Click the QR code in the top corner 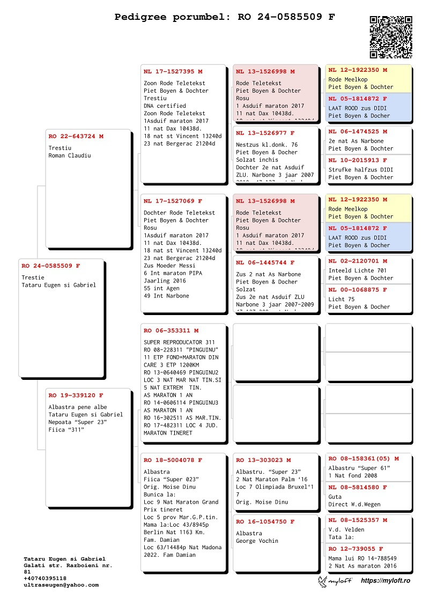tap(390, 37)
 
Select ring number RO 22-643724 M tap(76, 137)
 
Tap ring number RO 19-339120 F tap(76, 395)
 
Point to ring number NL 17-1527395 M tap(173, 71)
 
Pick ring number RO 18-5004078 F tap(173, 460)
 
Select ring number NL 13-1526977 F tap(265, 133)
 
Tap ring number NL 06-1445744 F tap(265, 263)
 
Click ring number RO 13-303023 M tap(263, 460)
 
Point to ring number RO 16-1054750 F tap(265, 522)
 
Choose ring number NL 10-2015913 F tap(358, 160)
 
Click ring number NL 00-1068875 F tap(358, 290)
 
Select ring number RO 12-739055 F tap(356, 549)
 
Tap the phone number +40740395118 tap(45, 579)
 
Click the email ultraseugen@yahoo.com tap(61, 585)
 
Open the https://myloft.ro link tap(385, 581)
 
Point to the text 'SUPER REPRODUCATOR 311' tap(179, 342)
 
